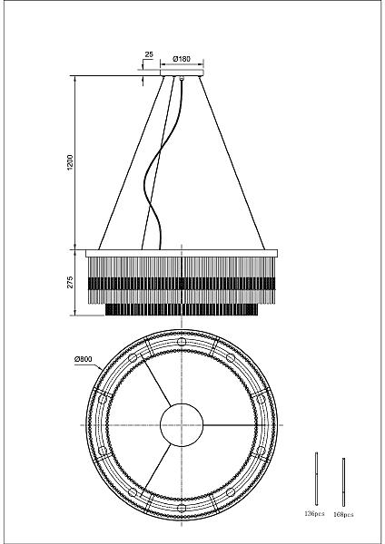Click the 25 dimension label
click(x=149, y=54)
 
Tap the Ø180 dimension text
click(x=182, y=59)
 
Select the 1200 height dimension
click(x=70, y=162)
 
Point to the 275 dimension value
click(x=70, y=282)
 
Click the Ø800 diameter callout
click(x=83, y=359)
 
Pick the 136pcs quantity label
click(x=314, y=513)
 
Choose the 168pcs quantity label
click(x=343, y=514)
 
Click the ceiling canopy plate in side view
click(x=182, y=73)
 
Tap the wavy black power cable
click(x=161, y=163)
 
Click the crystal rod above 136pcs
click(x=317, y=479)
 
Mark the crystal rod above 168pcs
click(x=343, y=482)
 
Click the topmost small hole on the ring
click(x=182, y=342)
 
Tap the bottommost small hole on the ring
click(x=182, y=509)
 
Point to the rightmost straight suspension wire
click(x=232, y=162)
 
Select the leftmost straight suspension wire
click(x=132, y=162)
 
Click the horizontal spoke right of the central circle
click(x=230, y=425)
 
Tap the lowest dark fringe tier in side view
click(x=182, y=309)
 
